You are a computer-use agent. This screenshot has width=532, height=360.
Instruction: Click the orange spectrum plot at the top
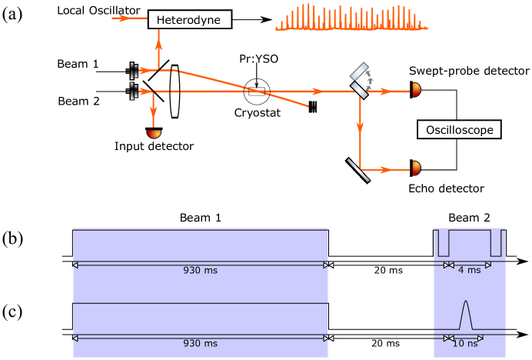click(x=351, y=17)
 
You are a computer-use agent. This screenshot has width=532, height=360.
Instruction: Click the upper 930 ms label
click(x=201, y=271)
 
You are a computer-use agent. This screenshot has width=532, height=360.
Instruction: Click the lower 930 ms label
click(x=201, y=344)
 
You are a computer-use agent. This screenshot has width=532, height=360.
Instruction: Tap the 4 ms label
click(x=469, y=270)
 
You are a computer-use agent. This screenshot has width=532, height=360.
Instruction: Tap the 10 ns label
click(x=465, y=344)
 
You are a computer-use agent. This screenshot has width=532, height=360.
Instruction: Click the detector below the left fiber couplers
click(x=154, y=134)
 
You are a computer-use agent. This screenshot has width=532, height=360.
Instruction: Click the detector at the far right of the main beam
click(x=416, y=90)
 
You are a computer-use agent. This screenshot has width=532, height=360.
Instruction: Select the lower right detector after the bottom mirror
click(x=416, y=168)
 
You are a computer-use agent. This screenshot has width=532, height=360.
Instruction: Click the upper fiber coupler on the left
click(x=134, y=71)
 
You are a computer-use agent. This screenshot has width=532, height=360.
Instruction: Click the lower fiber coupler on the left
click(x=134, y=92)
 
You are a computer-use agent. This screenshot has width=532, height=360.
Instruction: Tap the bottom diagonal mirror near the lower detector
click(x=358, y=170)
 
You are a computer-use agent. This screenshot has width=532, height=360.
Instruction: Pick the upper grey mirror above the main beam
click(x=359, y=72)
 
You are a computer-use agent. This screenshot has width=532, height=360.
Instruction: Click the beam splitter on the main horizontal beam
click(x=359, y=91)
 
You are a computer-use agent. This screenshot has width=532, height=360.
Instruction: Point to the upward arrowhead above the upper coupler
click(x=158, y=44)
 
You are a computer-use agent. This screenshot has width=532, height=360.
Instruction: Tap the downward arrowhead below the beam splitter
click(x=360, y=128)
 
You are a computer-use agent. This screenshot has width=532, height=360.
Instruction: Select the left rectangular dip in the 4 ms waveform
click(x=444, y=243)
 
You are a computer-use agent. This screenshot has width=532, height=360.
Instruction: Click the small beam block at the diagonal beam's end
click(x=313, y=107)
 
